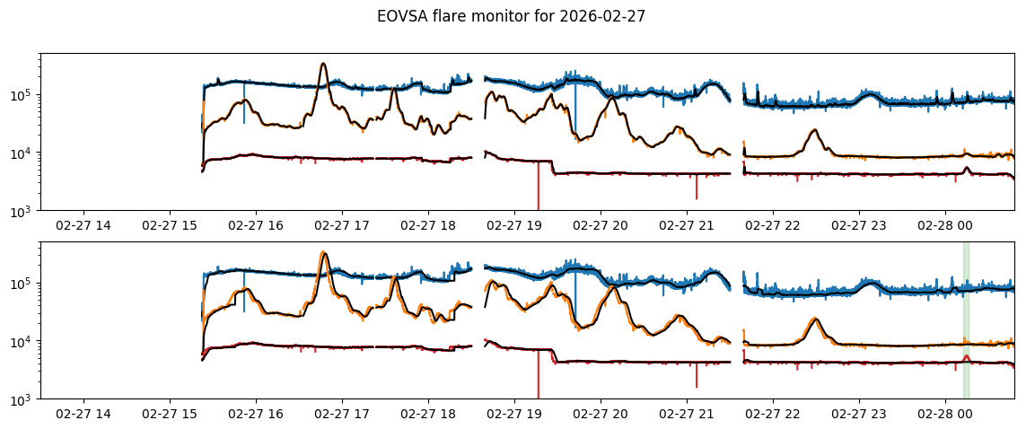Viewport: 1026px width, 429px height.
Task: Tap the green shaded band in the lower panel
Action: (966, 320)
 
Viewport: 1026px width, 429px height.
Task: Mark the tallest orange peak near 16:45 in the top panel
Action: (323, 65)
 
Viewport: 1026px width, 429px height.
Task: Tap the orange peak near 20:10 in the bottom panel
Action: (614, 287)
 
